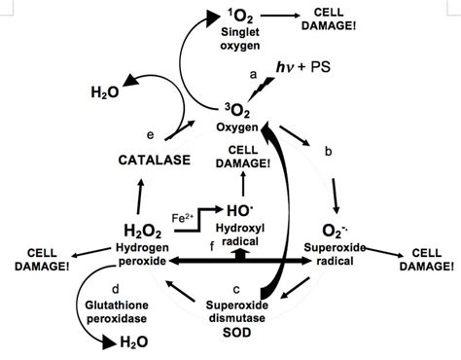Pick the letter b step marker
pos(328,152)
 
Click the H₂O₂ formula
pos(142,231)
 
